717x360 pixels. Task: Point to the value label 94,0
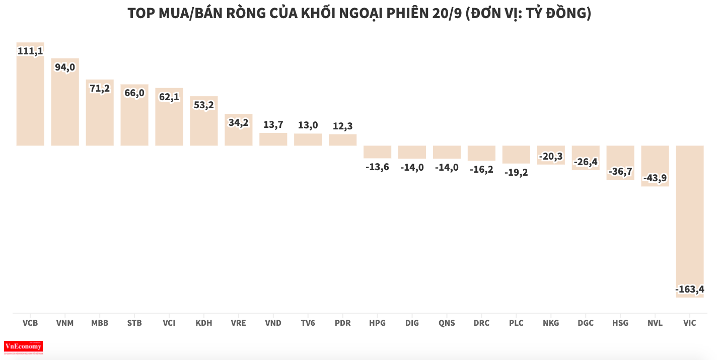[x=65, y=67]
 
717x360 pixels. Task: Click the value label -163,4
[x=689, y=290]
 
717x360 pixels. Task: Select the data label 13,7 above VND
[x=273, y=125]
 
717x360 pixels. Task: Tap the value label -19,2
[x=516, y=172]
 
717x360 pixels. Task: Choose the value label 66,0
[x=134, y=93]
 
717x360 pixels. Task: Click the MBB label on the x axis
[x=100, y=323]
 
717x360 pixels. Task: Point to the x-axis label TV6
[x=308, y=323]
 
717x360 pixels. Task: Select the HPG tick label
[x=377, y=323]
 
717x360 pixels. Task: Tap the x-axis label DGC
[x=586, y=323]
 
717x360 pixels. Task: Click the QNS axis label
[x=446, y=323]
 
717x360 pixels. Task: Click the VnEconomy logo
[x=23, y=347]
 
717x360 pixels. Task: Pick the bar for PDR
[x=343, y=140]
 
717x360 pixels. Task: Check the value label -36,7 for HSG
[x=620, y=172]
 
